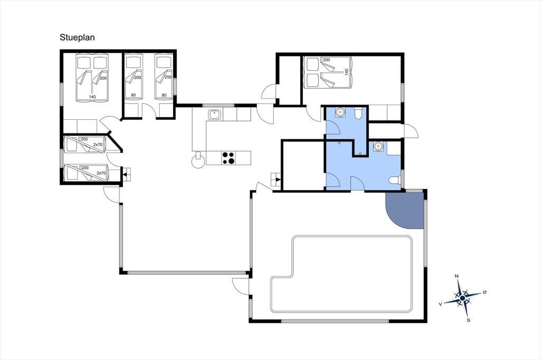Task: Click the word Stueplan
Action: pyautogui.click(x=77, y=37)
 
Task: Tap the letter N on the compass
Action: pyautogui.click(x=457, y=276)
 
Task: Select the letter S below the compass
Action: pyautogui.click(x=468, y=320)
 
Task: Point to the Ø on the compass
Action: pyautogui.click(x=485, y=292)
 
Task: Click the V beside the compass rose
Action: pyautogui.click(x=440, y=304)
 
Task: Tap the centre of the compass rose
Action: pyautogui.click(x=462, y=298)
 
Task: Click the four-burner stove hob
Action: pyautogui.click(x=228, y=158)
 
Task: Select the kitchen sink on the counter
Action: pyautogui.click(x=214, y=114)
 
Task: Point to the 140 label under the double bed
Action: pyautogui.click(x=92, y=97)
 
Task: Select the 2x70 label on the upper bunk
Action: pyautogui.click(x=98, y=145)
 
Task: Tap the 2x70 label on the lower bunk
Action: pyautogui.click(x=101, y=173)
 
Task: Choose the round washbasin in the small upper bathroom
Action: pyautogui.click(x=340, y=112)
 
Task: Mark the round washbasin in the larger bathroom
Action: pyautogui.click(x=378, y=146)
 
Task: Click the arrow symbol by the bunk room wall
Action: pyautogui.click(x=125, y=175)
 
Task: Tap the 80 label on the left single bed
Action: pyautogui.click(x=134, y=95)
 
